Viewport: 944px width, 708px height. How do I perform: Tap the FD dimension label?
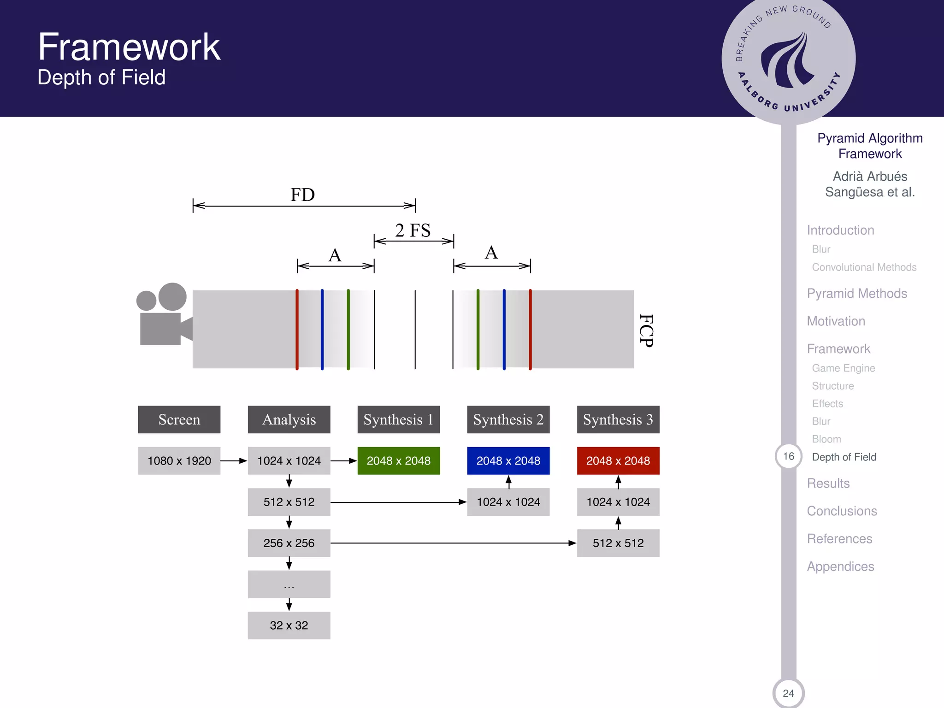coord(302,195)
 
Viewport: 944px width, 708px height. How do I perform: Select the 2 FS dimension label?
coord(413,230)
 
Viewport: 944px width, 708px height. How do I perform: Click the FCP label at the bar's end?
coord(646,330)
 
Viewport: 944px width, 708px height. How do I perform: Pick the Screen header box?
coord(179,419)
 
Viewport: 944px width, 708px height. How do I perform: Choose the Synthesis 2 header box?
coord(508,419)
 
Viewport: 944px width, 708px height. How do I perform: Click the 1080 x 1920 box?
coord(179,460)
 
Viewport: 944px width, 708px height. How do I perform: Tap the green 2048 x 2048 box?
coord(398,460)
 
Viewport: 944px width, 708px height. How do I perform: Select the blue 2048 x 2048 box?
coord(508,460)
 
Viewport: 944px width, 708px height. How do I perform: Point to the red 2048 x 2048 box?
coord(618,460)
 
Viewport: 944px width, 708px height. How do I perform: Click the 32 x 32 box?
coord(289,625)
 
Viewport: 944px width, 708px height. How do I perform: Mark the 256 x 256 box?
coord(289,543)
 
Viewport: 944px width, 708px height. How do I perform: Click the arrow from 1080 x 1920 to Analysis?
coord(234,460)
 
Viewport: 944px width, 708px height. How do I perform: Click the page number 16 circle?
coord(788,456)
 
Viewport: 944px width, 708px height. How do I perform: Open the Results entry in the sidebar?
coord(828,484)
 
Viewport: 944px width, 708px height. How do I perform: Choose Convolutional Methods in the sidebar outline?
coord(864,267)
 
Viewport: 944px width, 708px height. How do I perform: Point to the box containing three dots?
coord(289,584)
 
